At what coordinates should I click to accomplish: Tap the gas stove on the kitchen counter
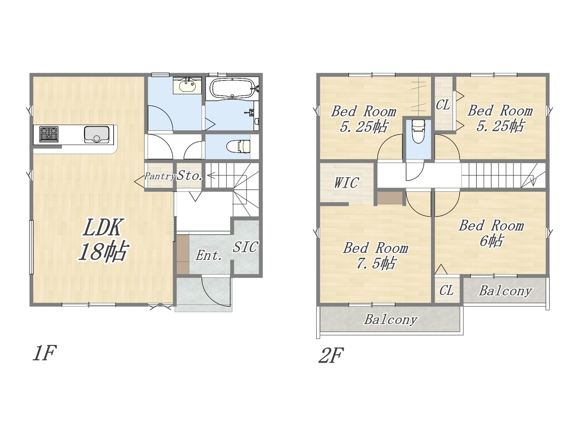(49, 134)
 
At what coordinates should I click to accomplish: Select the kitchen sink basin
(97, 135)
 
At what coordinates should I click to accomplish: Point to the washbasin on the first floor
(187, 86)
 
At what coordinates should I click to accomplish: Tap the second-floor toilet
(418, 131)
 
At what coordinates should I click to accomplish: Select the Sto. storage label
(190, 175)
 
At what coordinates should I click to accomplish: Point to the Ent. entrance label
(209, 256)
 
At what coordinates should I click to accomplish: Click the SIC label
(245, 247)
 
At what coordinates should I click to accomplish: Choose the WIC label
(346, 183)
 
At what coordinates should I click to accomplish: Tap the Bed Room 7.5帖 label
(375, 256)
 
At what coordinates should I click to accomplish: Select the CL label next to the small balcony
(446, 290)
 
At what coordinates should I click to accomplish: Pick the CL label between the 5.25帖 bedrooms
(443, 105)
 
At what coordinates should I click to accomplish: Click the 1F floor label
(44, 353)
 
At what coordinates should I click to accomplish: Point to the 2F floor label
(331, 355)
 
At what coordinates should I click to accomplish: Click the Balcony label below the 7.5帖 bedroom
(391, 320)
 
